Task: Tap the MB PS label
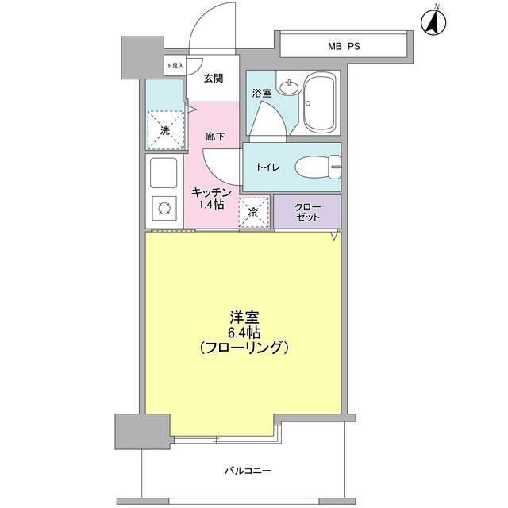(344, 46)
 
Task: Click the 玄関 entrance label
(213, 78)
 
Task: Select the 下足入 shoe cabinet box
(175, 66)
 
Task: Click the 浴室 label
(262, 93)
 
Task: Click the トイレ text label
(266, 167)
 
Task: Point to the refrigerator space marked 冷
(254, 211)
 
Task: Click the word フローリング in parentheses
(244, 348)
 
